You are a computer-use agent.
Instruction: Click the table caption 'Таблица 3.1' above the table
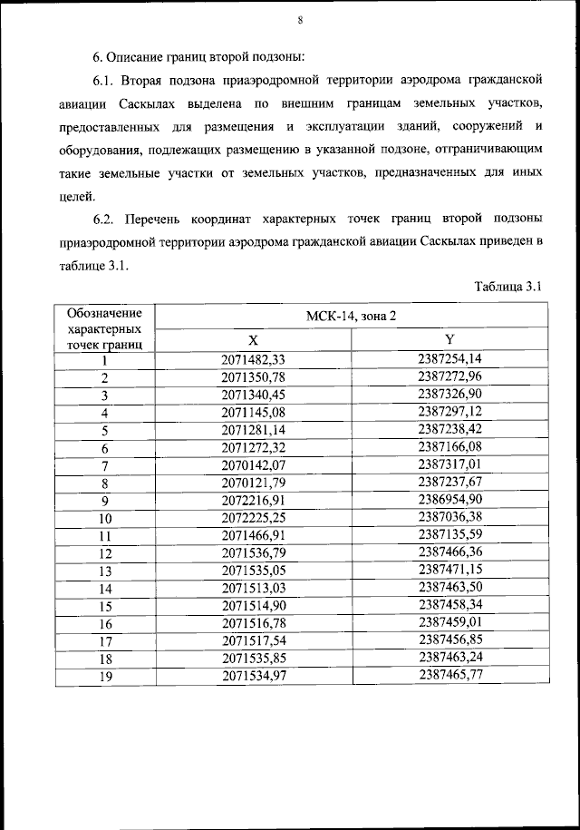[507, 288]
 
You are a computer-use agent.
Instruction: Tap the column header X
[254, 340]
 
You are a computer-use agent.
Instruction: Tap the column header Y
[449, 340]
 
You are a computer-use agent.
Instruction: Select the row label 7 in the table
[104, 465]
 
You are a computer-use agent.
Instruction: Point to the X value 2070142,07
[253, 465]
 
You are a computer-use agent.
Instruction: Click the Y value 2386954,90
[449, 500]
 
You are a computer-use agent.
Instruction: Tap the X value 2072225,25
[253, 518]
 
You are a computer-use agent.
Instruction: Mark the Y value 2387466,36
[449, 552]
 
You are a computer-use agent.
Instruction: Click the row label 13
[104, 571]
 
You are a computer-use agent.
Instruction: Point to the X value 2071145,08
[253, 413]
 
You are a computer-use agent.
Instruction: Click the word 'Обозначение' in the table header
[104, 312]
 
